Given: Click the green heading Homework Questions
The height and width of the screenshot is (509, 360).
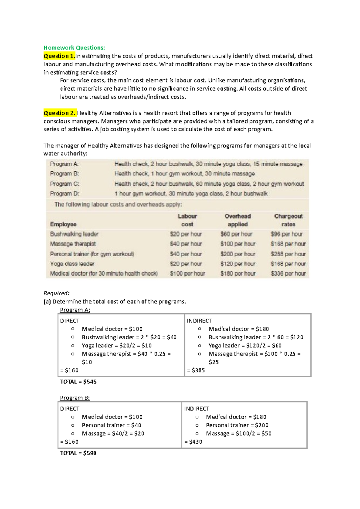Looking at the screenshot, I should [x=74, y=48].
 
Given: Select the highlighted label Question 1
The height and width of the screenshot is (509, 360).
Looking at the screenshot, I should [x=59, y=56].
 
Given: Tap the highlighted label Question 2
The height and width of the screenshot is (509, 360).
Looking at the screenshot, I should [x=59, y=113].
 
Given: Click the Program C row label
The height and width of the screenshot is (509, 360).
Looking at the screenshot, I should [x=64, y=184].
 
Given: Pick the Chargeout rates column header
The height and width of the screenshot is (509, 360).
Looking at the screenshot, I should [x=288, y=220].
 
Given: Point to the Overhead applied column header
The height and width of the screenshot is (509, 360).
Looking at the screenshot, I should [x=238, y=220].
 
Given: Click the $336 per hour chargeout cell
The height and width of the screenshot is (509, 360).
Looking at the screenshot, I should [x=288, y=273].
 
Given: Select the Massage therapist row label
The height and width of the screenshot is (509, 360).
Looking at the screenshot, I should [x=73, y=244].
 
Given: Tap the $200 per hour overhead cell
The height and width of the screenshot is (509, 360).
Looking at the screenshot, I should [x=238, y=254].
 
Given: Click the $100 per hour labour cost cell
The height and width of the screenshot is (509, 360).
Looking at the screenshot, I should [x=187, y=273].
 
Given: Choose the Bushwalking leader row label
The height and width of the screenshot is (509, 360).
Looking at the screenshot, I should [x=74, y=234].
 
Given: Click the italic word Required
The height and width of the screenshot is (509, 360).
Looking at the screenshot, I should [x=56, y=293].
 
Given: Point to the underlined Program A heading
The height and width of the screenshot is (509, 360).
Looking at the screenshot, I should [x=75, y=310].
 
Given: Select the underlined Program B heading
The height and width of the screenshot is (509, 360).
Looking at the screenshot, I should [x=75, y=398].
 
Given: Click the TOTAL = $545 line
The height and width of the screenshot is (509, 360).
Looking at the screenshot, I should [x=78, y=382].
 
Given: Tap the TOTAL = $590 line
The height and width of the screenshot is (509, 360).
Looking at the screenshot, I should [x=78, y=453].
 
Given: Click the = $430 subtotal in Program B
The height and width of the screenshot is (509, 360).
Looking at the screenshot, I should [x=193, y=442].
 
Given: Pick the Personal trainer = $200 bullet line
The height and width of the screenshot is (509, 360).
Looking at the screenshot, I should [x=237, y=425].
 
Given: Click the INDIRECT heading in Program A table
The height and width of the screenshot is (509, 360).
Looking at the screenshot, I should [x=199, y=321].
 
